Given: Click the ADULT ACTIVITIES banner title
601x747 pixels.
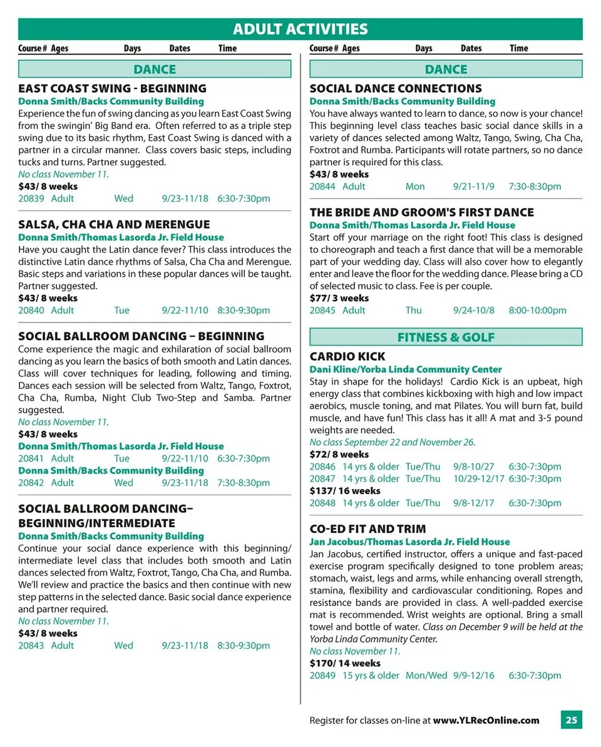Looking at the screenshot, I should point(300,29).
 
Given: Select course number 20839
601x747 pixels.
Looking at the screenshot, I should point(31,198).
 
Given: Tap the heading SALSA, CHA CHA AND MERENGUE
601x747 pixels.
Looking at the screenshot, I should point(114,224).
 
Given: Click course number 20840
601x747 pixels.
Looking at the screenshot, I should point(31,310).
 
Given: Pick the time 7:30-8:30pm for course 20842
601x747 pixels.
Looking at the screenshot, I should point(244,483).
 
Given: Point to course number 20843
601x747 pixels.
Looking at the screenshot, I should point(31,646).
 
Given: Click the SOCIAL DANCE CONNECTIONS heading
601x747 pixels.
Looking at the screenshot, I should point(396,88).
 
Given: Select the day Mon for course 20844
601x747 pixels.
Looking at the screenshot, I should point(414,187).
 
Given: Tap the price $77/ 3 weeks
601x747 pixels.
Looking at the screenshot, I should point(339,298).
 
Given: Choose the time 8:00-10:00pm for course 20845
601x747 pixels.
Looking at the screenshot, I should point(537,311).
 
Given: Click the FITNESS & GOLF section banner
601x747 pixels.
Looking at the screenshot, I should point(446,337).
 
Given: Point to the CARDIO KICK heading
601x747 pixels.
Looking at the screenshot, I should point(347,357).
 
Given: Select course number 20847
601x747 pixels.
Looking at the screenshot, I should point(322,479).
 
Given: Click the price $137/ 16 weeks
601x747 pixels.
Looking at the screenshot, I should point(345,491).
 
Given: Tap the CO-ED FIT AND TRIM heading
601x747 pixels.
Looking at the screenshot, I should point(367,529).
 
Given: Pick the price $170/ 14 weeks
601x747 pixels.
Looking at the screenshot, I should point(345,663).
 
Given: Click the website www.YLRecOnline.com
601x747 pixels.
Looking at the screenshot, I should point(486,720).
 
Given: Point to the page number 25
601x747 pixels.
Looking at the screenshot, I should point(571,720).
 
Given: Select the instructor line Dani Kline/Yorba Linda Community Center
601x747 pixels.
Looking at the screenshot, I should point(406,369).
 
